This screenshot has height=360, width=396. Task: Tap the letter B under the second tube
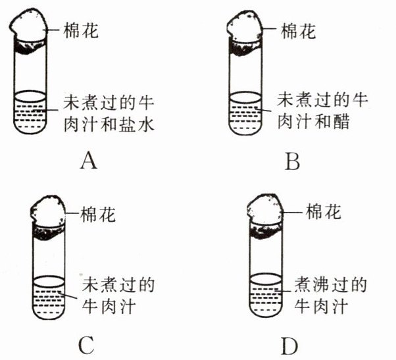tap(292, 161)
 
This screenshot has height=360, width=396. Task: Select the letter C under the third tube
tap(87, 345)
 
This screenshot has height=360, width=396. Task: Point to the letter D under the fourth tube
tap(290, 345)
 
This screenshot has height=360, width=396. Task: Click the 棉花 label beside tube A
tap(80, 30)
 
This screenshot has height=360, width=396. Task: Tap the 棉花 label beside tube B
tap(298, 31)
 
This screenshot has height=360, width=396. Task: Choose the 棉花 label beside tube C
tap(98, 215)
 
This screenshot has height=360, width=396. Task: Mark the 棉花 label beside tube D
tap(323, 211)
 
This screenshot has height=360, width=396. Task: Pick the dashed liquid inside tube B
tap(245, 116)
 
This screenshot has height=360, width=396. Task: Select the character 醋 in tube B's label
tap(341, 122)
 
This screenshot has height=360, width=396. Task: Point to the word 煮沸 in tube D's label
tap(311, 285)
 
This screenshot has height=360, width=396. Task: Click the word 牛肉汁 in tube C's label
tap(109, 307)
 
